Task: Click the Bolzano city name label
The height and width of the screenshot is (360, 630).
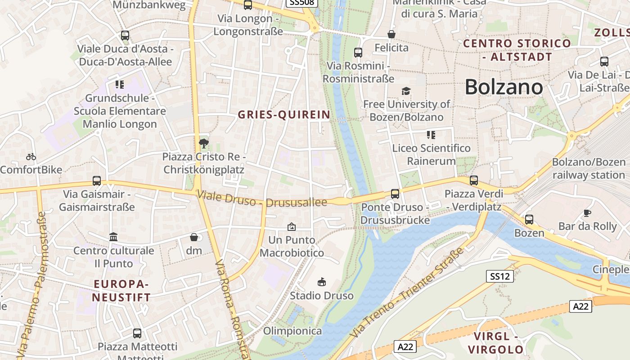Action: coord(504,86)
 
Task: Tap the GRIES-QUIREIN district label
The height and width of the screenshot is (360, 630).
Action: coord(284,115)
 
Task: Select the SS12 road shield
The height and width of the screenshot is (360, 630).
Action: coord(500,276)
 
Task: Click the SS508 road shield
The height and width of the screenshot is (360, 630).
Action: coord(302,3)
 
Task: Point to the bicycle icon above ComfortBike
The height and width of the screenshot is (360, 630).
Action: coord(31,157)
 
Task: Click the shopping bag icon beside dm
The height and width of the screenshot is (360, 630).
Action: coord(194,237)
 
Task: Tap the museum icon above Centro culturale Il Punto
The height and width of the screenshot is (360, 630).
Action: coord(113,237)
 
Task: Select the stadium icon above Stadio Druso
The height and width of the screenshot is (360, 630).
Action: coord(321,282)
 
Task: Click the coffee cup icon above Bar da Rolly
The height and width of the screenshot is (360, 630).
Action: coord(587,213)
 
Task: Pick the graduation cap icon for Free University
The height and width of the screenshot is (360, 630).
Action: coord(406,91)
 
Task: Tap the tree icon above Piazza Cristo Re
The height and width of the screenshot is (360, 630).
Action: coord(203,144)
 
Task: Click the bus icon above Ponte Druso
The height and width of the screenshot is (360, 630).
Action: coord(395,194)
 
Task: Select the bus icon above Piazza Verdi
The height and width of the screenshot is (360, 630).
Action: coord(473,180)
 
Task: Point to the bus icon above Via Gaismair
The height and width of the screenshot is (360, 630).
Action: coord(96,181)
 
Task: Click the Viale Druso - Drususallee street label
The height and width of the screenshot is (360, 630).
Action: coord(262,199)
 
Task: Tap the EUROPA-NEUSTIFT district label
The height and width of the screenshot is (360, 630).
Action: coord(121,291)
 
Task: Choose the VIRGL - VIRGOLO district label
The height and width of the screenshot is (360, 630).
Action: coord(496,343)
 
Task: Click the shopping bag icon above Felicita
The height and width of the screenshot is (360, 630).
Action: coord(391,34)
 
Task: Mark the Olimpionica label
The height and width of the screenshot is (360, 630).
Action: coord(292,331)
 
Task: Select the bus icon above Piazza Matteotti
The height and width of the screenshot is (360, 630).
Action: coord(137,333)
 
